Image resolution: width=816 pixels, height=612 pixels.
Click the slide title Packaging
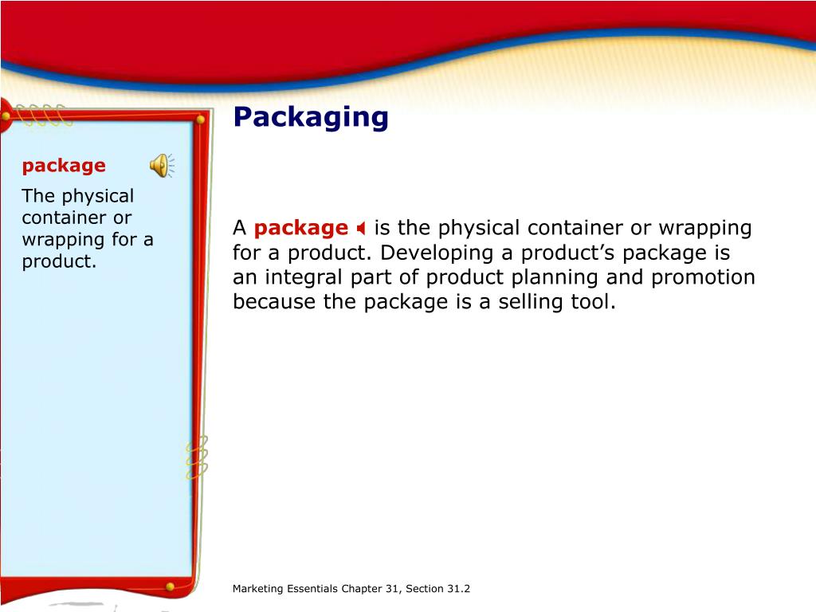(311, 117)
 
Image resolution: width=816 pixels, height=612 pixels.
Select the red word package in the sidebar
(64, 166)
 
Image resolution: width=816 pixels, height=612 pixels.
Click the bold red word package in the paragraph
(301, 229)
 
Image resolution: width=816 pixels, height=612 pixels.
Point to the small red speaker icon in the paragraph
(361, 229)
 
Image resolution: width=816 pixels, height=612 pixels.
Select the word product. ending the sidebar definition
(59, 261)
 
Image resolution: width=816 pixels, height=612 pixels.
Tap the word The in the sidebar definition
(37, 196)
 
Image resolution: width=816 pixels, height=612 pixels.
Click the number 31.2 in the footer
(457, 589)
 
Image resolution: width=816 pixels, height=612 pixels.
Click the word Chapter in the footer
(362, 589)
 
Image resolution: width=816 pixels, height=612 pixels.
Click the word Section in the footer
(423, 589)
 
